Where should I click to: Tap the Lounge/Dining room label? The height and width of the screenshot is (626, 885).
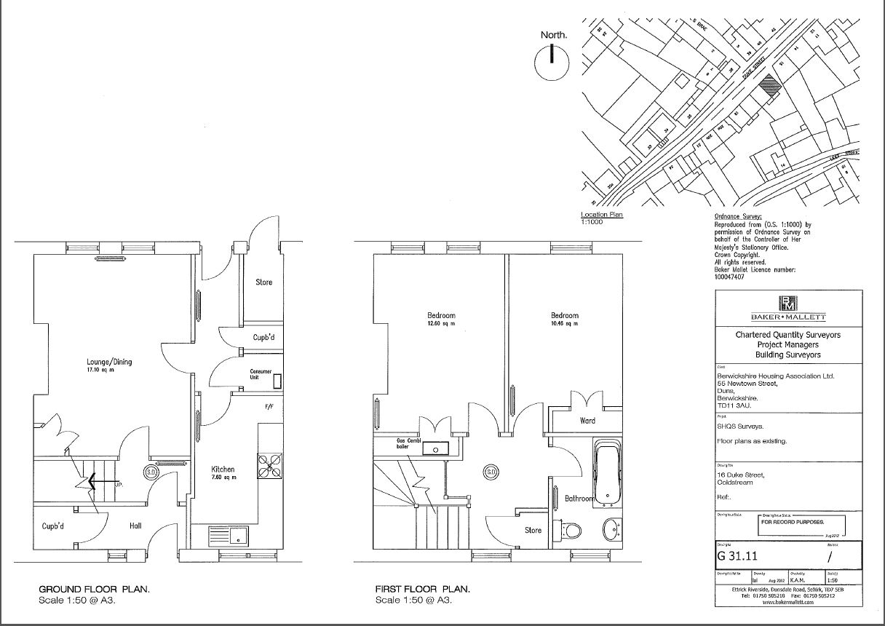coord(110,362)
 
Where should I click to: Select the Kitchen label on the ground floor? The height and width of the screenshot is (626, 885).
coord(223,469)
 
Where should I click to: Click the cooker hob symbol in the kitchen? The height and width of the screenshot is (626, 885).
coord(269,466)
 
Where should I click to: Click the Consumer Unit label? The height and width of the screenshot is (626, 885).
coord(261,374)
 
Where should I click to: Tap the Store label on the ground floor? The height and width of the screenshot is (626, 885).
coord(263,282)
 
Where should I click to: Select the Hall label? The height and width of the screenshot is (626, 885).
coord(135,526)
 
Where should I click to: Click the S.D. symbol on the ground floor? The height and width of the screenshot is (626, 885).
coord(152,472)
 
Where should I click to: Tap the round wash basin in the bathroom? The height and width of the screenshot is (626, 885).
coord(611,529)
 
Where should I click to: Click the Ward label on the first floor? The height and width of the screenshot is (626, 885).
coord(587,421)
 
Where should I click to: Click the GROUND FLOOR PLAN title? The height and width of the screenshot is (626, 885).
coord(95,589)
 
